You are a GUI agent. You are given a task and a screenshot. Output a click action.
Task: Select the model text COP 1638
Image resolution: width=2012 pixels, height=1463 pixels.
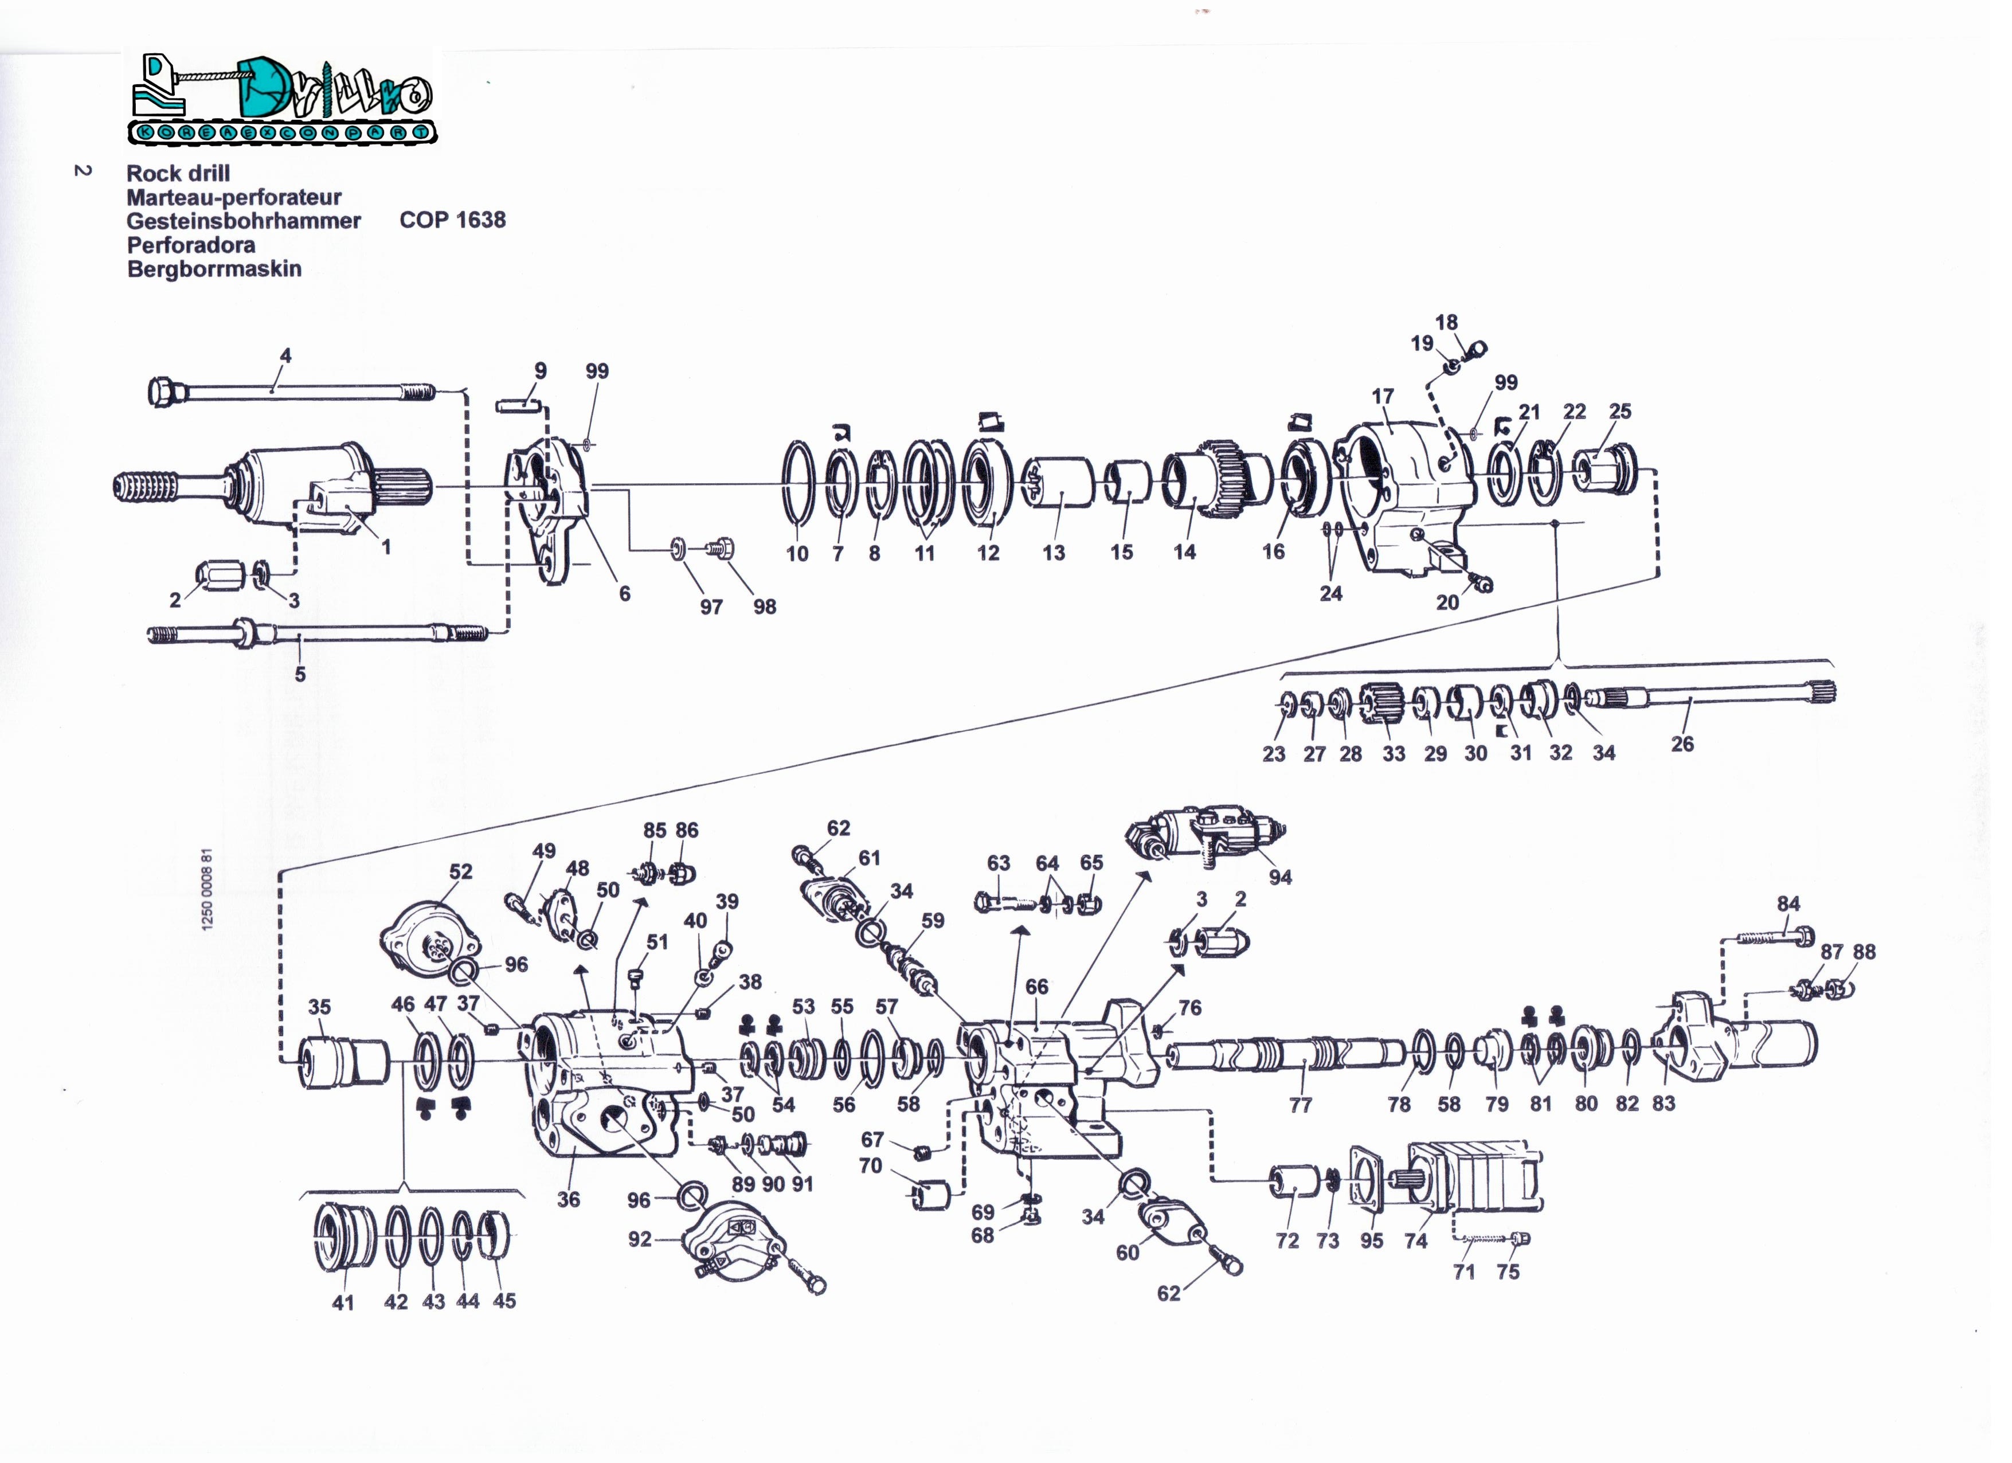tap(452, 220)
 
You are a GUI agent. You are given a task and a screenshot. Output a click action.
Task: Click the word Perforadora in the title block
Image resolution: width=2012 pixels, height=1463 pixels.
tap(191, 245)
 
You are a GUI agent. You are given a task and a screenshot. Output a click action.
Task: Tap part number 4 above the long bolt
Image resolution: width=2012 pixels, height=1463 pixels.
tap(285, 356)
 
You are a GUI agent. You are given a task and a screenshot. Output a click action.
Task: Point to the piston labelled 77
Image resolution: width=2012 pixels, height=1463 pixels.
tap(1286, 1056)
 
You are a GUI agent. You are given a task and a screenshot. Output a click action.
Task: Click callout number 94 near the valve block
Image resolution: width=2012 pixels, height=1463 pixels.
tap(1279, 878)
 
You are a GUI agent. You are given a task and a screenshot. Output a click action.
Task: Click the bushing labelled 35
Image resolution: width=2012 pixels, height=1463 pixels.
tap(344, 1063)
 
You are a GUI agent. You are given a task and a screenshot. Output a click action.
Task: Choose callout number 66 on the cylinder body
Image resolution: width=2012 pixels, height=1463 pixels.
tap(1036, 987)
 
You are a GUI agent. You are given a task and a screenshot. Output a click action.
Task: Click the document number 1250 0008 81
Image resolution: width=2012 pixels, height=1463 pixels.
tap(208, 889)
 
